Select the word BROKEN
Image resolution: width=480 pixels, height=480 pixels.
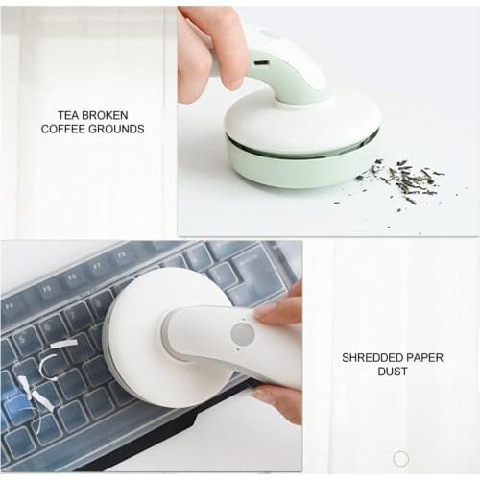click(108, 114)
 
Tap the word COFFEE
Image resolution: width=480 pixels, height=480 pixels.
click(66, 129)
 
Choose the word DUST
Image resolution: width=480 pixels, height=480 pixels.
click(393, 372)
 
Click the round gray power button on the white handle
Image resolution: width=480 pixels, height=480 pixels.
click(242, 335)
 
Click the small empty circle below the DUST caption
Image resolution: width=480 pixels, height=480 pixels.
click(401, 458)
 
